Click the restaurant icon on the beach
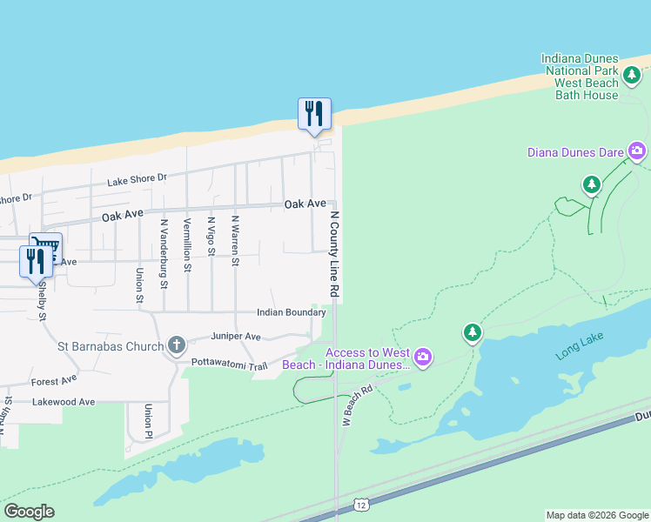pyautogui.click(x=314, y=114)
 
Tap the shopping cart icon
pyautogui.click(x=44, y=245)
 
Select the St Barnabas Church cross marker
pyautogui.click(x=176, y=345)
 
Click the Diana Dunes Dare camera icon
pyautogui.click(x=637, y=152)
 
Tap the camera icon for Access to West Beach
pyautogui.click(x=423, y=358)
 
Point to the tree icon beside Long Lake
pyautogui.click(x=472, y=332)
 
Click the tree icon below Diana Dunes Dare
pyautogui.click(x=592, y=184)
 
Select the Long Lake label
pyautogui.click(x=580, y=345)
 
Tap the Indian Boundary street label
pyautogui.click(x=291, y=312)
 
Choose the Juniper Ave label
pyautogui.click(x=236, y=336)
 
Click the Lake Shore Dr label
pyautogui.click(x=137, y=180)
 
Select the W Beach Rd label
pyautogui.click(x=356, y=407)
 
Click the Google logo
pyautogui.click(x=29, y=512)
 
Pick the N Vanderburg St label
pyautogui.click(x=164, y=253)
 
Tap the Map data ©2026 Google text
pyautogui.click(x=596, y=515)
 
